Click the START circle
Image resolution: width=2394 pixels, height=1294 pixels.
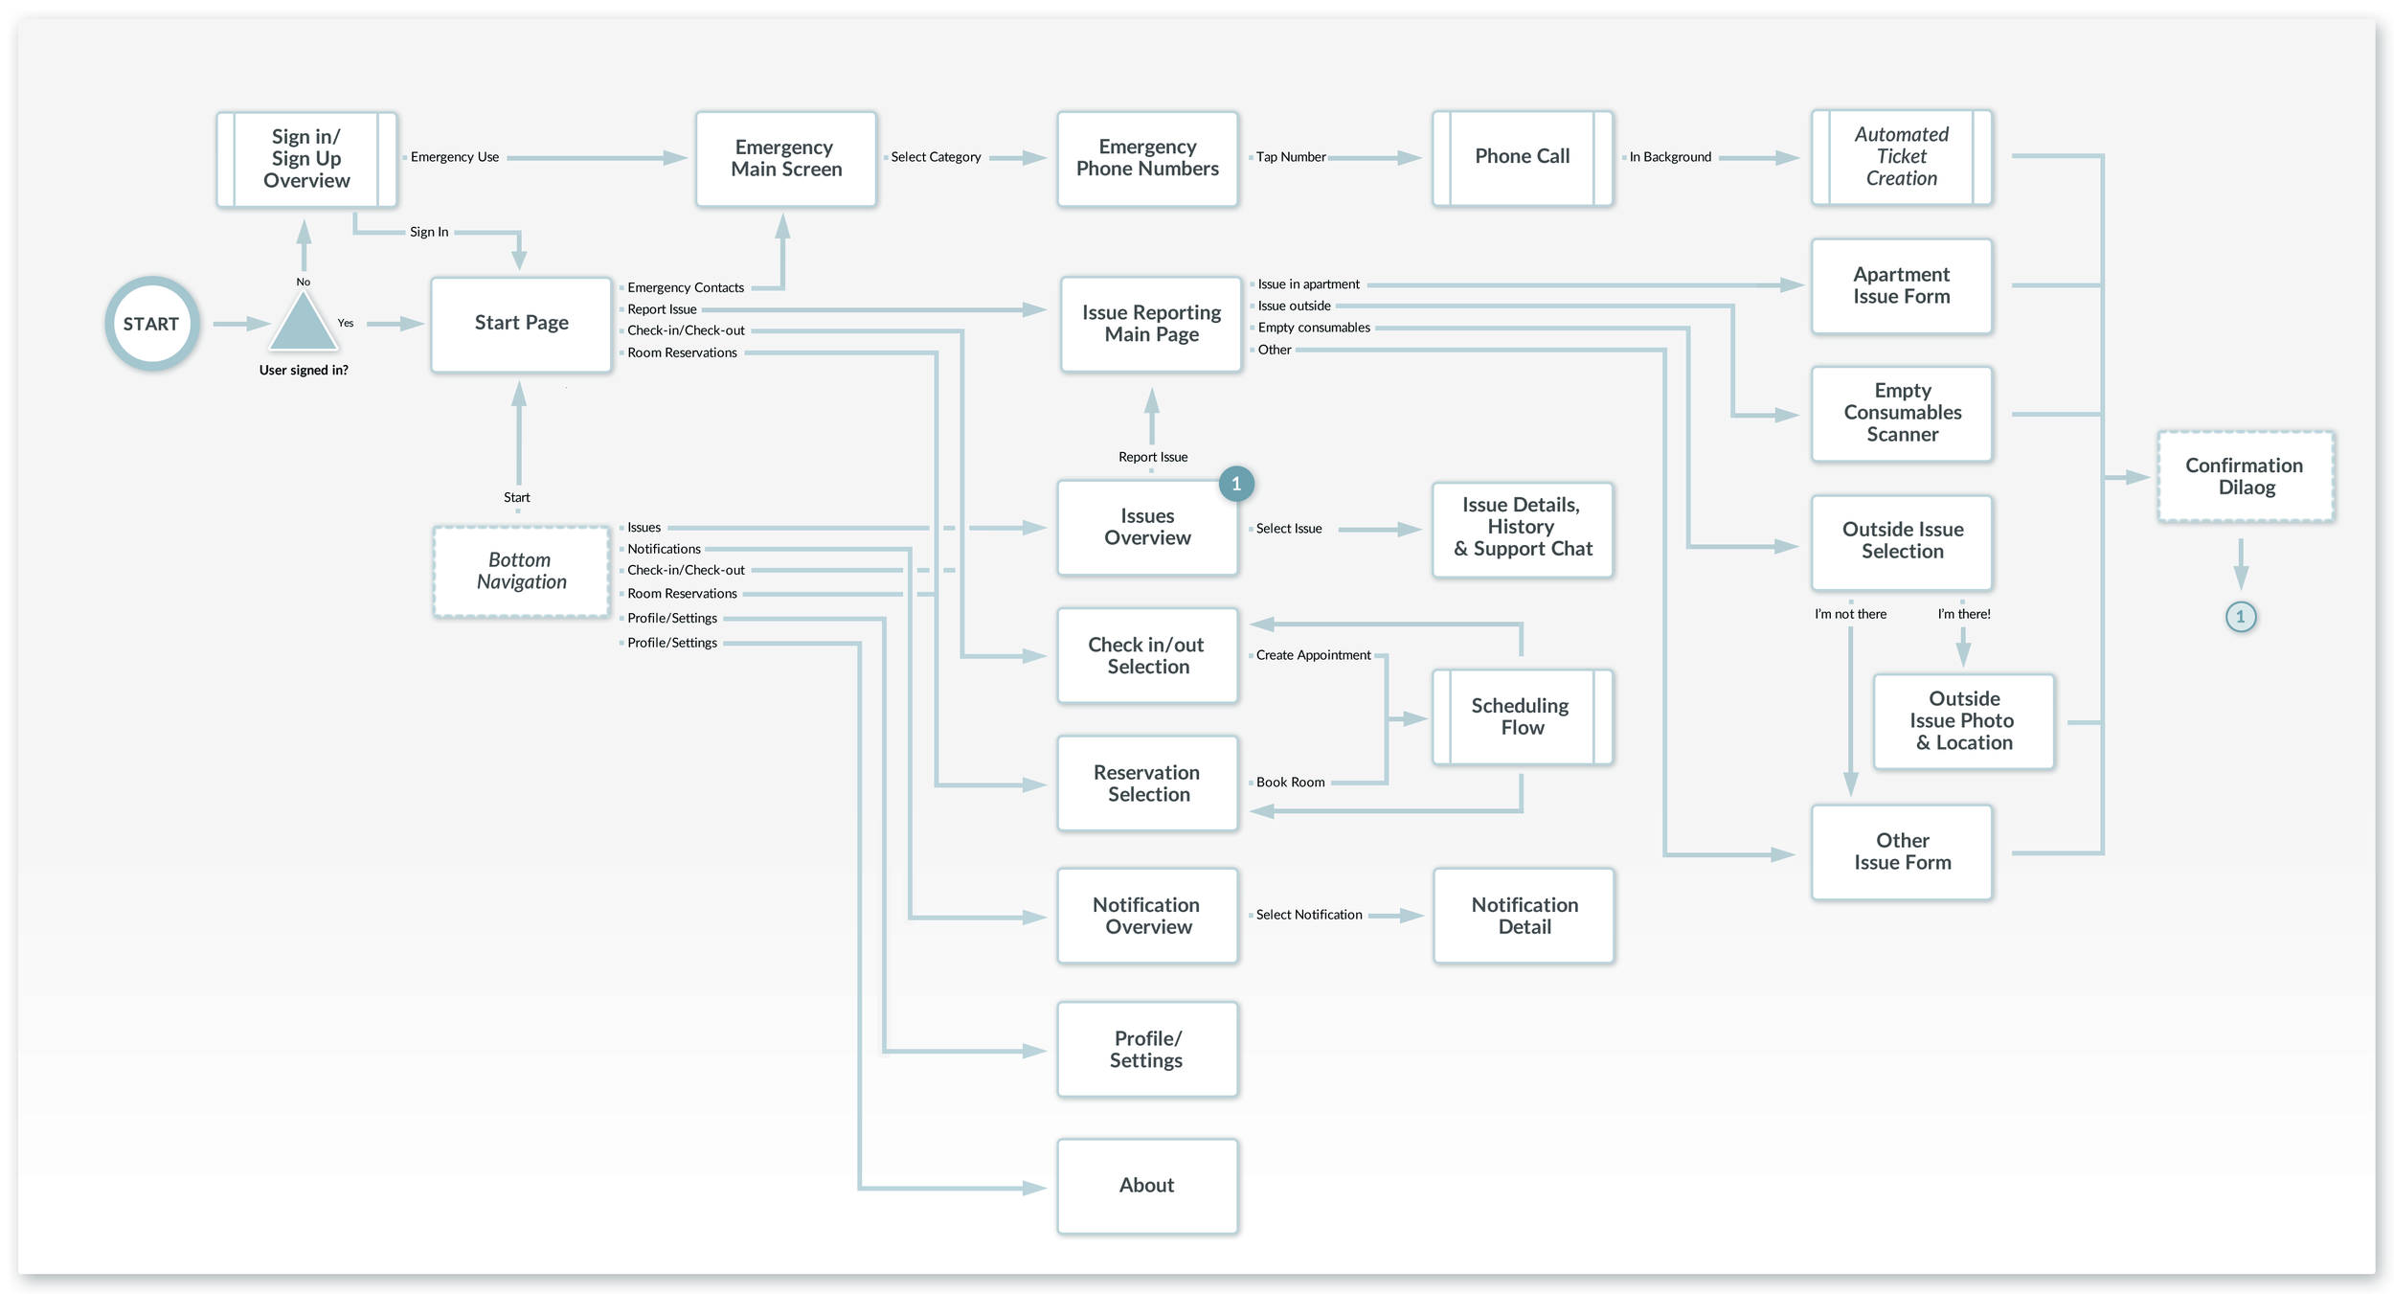click(151, 324)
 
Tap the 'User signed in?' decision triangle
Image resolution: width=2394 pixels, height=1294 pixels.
click(303, 323)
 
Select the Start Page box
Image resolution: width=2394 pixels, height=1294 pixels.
click(521, 324)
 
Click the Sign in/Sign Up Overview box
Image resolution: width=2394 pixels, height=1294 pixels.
click(306, 159)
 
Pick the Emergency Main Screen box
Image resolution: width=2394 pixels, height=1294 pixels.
click(786, 159)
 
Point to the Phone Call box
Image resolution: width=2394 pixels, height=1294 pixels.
click(1523, 158)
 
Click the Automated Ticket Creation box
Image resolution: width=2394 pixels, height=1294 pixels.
click(1902, 157)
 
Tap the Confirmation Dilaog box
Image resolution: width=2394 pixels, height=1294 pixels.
click(2246, 476)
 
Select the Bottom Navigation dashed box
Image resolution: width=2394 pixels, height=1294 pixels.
click(521, 571)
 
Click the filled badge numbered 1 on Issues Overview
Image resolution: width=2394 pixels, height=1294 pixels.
click(1236, 484)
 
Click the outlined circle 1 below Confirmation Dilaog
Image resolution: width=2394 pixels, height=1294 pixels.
click(2241, 617)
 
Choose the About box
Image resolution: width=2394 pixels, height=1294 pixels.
click(1147, 1186)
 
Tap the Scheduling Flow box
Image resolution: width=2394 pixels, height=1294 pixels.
click(1523, 716)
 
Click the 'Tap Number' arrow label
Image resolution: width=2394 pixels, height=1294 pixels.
click(1291, 157)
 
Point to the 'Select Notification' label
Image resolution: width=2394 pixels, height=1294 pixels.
click(1309, 915)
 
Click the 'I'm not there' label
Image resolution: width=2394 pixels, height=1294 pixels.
click(1850, 614)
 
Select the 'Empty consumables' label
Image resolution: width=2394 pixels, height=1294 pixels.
click(1314, 328)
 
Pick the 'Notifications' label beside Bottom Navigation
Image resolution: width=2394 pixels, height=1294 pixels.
click(664, 549)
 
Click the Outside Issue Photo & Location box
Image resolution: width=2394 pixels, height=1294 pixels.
click(1964, 721)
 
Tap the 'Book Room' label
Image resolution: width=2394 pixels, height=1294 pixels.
click(1291, 783)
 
